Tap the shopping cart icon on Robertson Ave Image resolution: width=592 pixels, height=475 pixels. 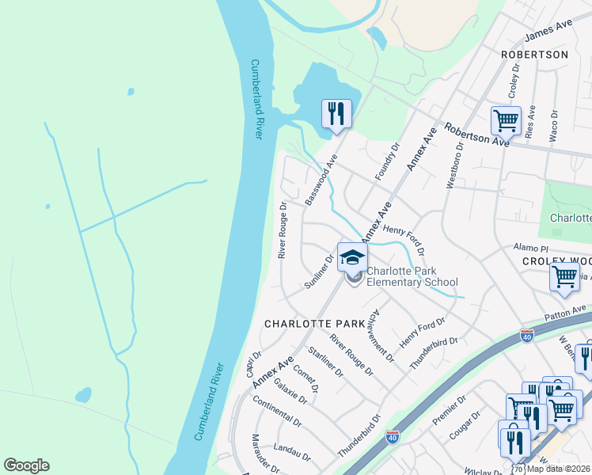click(x=506, y=121)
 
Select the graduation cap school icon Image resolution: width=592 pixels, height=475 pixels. click(x=352, y=256)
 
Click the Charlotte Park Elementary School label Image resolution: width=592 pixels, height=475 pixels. click(x=412, y=276)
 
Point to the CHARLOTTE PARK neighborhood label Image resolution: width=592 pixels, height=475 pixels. click(x=314, y=324)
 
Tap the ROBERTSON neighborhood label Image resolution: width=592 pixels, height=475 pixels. click(x=534, y=55)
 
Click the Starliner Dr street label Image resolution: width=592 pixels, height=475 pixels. click(x=326, y=362)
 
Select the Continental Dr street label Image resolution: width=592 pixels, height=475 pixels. click(x=277, y=411)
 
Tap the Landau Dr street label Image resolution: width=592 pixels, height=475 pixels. click(x=292, y=450)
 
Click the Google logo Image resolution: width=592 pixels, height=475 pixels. click(x=26, y=465)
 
